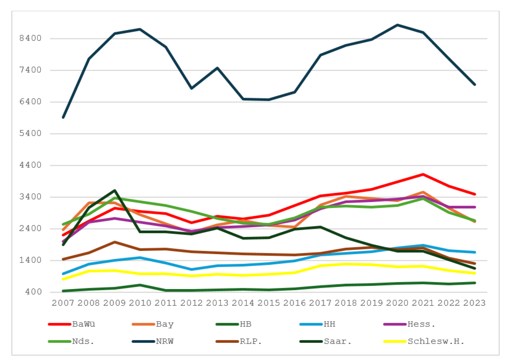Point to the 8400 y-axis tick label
pos(30,38)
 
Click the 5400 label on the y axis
pos(30,133)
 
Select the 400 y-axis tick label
pos(33,292)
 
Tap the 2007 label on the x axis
pos(63,303)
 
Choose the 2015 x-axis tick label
pos(269,303)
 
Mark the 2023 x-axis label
pos(475,303)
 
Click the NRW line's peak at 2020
pos(397,25)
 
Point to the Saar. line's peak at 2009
pos(115,190)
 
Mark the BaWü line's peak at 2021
pos(423,174)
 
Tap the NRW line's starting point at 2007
pos(63,118)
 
